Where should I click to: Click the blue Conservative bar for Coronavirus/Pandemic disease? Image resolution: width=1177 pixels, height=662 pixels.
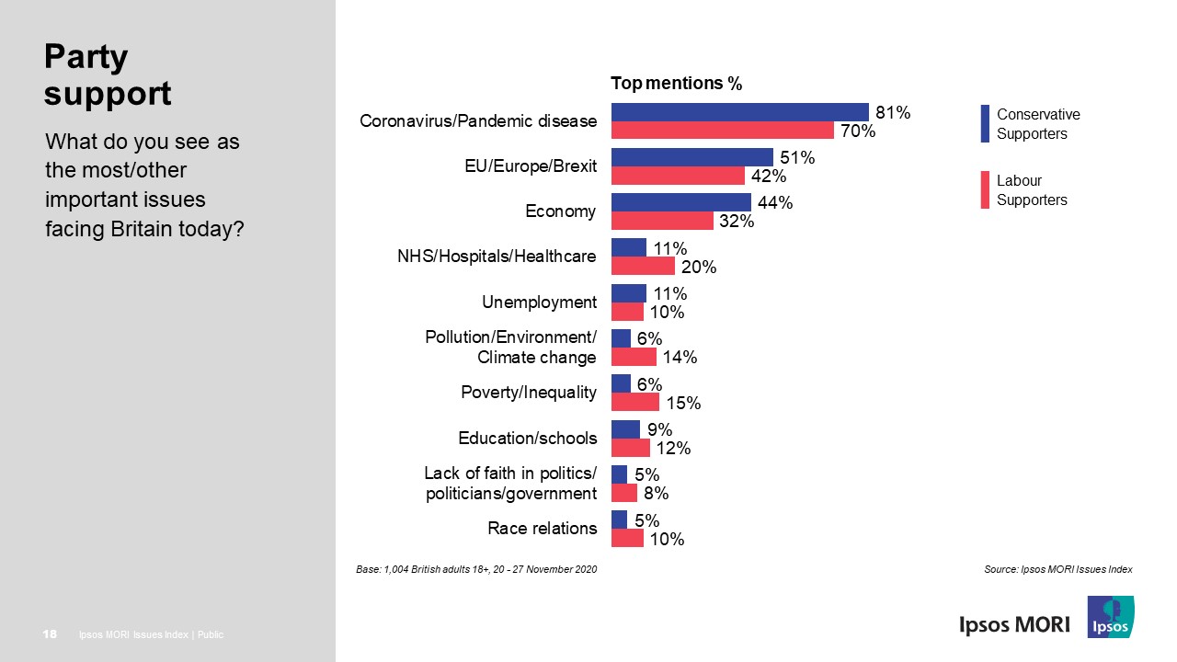pyautogui.click(x=739, y=112)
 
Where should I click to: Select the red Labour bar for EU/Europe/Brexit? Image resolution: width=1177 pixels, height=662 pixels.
pyautogui.click(x=678, y=176)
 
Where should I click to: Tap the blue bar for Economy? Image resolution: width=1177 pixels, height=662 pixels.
pyautogui.click(x=680, y=202)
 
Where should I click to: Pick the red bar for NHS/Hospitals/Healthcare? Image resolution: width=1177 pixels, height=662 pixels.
pyautogui.click(x=643, y=267)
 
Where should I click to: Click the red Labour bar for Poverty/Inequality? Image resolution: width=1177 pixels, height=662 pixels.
pyautogui.click(x=634, y=402)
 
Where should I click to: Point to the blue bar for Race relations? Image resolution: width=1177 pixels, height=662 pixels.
pyautogui.click(x=619, y=519)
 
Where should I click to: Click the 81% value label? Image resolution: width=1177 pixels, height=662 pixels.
pyautogui.click(x=892, y=113)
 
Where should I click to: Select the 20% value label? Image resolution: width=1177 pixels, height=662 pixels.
pyautogui.click(x=698, y=268)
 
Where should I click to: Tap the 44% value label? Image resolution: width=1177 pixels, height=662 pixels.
pyautogui.click(x=774, y=203)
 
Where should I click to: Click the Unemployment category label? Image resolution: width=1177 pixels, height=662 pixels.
pyautogui.click(x=539, y=302)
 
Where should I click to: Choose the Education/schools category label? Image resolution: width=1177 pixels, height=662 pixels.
pyautogui.click(x=527, y=439)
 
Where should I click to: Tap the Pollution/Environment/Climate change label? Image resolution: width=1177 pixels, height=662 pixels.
pyautogui.click(x=510, y=348)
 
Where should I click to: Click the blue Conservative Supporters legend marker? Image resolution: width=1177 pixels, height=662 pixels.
pyautogui.click(x=985, y=124)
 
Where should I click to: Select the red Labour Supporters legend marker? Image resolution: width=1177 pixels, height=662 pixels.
pyautogui.click(x=985, y=189)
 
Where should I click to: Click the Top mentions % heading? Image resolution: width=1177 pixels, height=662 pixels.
pyautogui.click(x=676, y=84)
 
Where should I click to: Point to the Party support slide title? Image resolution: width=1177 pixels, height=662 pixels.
pyautogui.click(x=108, y=75)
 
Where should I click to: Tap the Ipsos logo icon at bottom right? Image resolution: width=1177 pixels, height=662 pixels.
pyautogui.click(x=1111, y=617)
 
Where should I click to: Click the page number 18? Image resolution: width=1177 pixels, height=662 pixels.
pyautogui.click(x=51, y=634)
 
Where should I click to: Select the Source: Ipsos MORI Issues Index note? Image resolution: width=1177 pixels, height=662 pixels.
pyautogui.click(x=1057, y=570)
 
